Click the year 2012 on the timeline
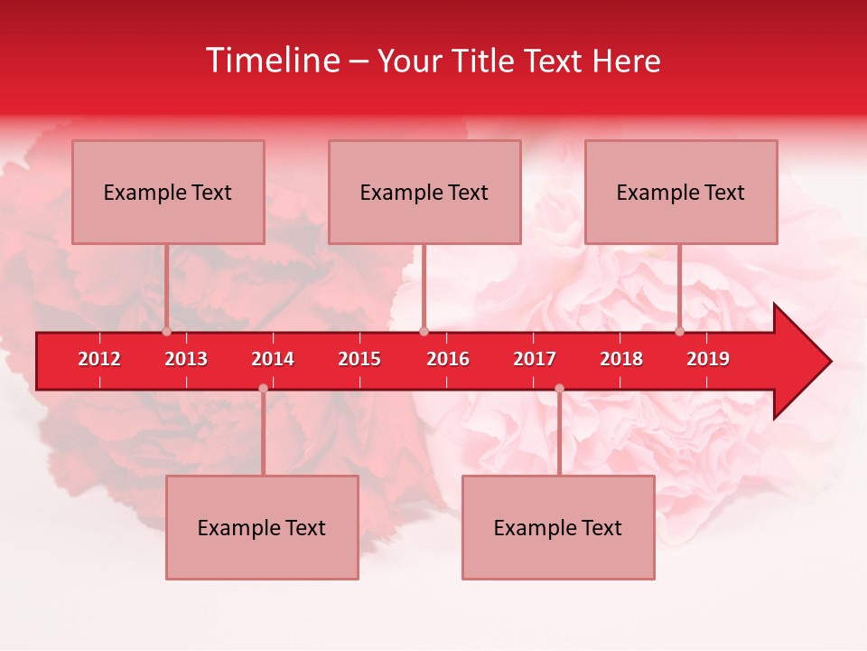click(x=99, y=359)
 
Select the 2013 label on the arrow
click(x=186, y=359)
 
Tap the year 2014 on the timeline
click(x=273, y=359)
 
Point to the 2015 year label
click(x=359, y=359)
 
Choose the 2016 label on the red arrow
click(x=448, y=359)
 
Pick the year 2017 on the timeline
click(x=535, y=359)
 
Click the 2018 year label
click(x=621, y=359)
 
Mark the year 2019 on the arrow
click(x=708, y=359)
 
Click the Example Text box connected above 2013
click(x=168, y=192)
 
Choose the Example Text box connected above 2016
click(x=424, y=192)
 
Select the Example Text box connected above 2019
click(x=681, y=192)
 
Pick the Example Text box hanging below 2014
click(x=262, y=527)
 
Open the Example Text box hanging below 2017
click(x=558, y=527)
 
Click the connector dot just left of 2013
click(x=167, y=332)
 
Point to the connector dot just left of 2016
click(x=424, y=332)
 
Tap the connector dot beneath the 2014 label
click(x=263, y=389)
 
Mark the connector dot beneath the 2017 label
click(x=559, y=389)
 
